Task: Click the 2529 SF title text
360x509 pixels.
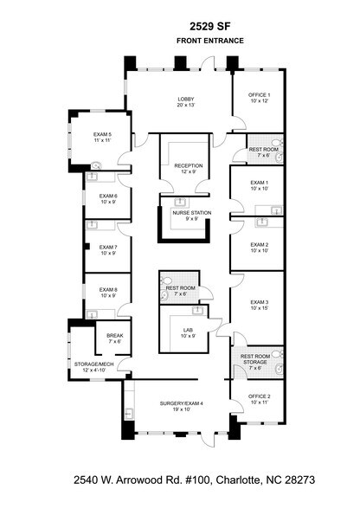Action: click(x=210, y=26)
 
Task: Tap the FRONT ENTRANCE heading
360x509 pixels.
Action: click(x=210, y=41)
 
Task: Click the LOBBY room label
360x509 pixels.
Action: click(x=186, y=99)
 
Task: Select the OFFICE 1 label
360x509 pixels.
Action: click(x=259, y=95)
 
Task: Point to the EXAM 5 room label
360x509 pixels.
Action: click(x=103, y=134)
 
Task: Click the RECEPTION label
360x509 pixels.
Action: click(x=189, y=166)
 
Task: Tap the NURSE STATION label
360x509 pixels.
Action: click(x=192, y=213)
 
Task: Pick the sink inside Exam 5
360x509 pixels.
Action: click(x=96, y=165)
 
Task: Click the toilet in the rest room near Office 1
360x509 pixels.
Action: click(x=278, y=143)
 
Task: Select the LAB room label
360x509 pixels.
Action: click(x=189, y=331)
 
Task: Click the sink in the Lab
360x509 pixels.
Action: click(x=197, y=311)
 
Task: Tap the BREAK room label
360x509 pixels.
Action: click(x=115, y=336)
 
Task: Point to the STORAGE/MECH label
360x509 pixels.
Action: click(x=93, y=364)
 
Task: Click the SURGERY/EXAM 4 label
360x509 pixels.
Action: click(x=182, y=403)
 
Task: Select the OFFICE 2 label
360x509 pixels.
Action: click(x=259, y=396)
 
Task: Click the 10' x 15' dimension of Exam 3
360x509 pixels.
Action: click(x=259, y=308)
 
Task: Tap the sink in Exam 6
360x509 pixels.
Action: click(x=93, y=177)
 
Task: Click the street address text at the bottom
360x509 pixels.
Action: click(x=194, y=480)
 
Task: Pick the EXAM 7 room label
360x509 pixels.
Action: click(x=108, y=248)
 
